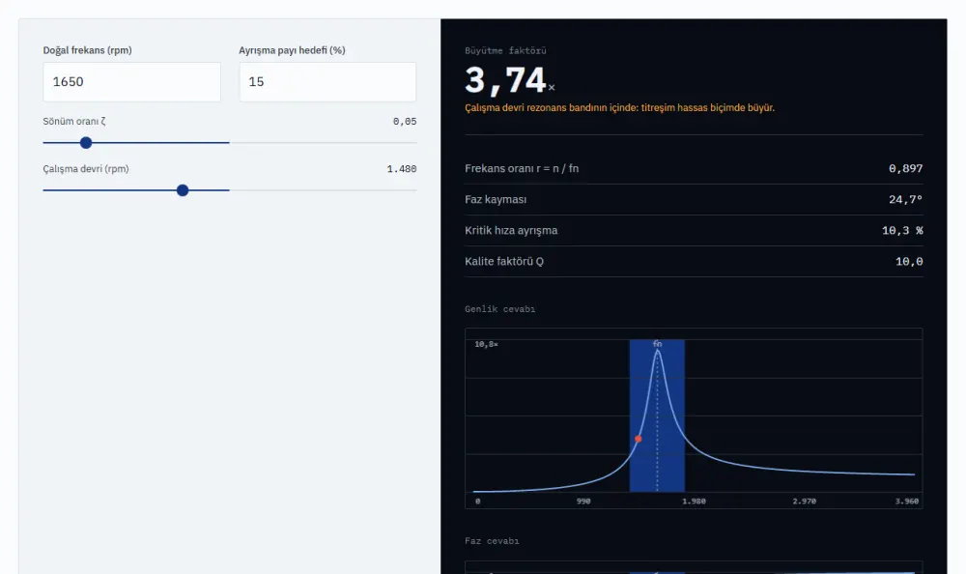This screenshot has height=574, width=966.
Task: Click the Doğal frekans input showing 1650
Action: pyautogui.click(x=131, y=82)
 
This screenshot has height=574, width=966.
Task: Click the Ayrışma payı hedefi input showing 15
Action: pyautogui.click(x=327, y=82)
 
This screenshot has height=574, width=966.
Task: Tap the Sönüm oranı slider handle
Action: pyautogui.click(x=86, y=143)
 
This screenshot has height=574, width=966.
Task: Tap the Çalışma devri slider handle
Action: pyautogui.click(x=183, y=190)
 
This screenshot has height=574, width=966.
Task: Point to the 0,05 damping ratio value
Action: pyautogui.click(x=405, y=122)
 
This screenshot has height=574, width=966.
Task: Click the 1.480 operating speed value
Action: pyautogui.click(x=402, y=169)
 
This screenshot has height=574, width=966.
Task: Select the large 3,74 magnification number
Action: pyautogui.click(x=505, y=81)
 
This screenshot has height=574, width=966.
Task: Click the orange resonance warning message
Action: pyautogui.click(x=620, y=108)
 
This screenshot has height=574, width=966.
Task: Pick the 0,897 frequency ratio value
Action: pyautogui.click(x=906, y=168)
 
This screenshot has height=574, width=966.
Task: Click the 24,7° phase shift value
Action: pyautogui.click(x=906, y=200)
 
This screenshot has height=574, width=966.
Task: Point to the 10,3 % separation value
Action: pyautogui.click(x=902, y=231)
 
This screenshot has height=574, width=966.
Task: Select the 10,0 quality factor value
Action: pyautogui.click(x=909, y=262)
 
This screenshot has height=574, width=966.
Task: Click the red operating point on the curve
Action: pyautogui.click(x=639, y=439)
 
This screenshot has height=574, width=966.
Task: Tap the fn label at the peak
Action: pyautogui.click(x=657, y=344)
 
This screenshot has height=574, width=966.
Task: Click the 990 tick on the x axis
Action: pyautogui.click(x=583, y=502)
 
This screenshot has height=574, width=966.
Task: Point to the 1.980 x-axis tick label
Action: pyautogui.click(x=694, y=502)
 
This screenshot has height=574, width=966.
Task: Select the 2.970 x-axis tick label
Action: pyautogui.click(x=804, y=502)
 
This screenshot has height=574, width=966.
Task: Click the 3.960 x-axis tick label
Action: pyautogui.click(x=907, y=502)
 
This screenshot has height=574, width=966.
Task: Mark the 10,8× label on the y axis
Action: pyautogui.click(x=486, y=344)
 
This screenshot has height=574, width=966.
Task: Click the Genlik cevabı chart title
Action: pyautogui.click(x=499, y=309)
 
